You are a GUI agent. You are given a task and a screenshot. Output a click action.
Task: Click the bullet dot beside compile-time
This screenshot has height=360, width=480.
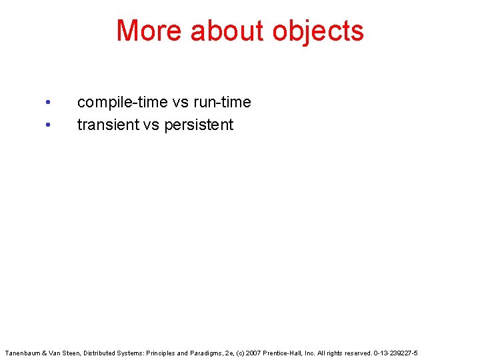(47, 103)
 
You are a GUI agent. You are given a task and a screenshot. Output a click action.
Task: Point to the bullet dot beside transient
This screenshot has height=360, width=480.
(47, 125)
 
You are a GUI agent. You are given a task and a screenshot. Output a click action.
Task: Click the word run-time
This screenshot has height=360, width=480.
(223, 103)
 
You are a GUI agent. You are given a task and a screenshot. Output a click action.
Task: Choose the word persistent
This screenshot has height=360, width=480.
(198, 125)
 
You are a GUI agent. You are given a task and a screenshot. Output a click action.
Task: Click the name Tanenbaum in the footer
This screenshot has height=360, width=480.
(21, 352)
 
